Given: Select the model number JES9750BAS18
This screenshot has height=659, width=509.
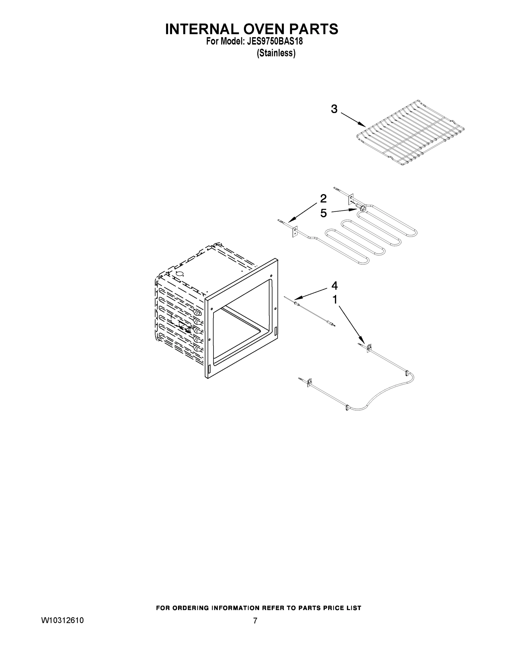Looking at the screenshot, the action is (275, 42).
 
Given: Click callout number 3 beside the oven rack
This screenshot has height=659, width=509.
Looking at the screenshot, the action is (334, 109).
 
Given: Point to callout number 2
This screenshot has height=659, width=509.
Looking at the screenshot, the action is (323, 199).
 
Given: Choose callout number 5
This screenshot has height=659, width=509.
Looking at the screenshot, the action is (324, 213).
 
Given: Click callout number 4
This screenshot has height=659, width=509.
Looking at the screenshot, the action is (334, 286).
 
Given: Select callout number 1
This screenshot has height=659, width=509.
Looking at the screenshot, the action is (335, 300).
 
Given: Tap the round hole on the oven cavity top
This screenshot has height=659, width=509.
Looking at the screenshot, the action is (180, 274).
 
